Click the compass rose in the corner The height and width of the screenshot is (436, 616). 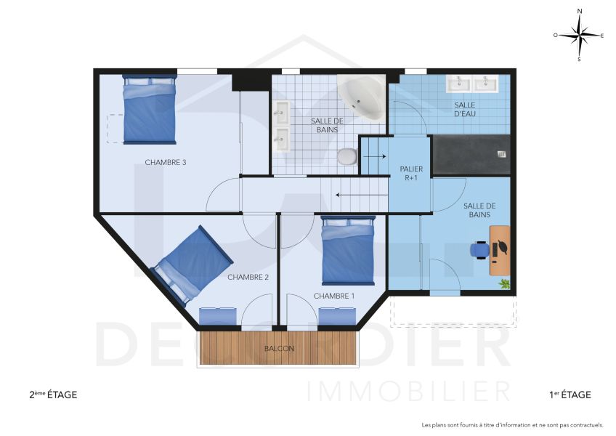(579, 35)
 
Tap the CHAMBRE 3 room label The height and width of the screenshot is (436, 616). (166, 162)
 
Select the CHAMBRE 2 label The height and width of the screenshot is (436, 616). (248, 277)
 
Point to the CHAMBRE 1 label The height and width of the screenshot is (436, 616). (334, 296)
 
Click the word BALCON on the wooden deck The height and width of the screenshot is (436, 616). (280, 349)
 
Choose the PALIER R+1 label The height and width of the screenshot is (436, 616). (411, 173)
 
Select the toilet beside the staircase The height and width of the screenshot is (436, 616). (348, 156)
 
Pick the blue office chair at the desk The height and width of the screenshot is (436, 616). (479, 249)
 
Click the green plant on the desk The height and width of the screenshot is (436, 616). (503, 285)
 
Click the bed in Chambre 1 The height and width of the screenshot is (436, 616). (348, 250)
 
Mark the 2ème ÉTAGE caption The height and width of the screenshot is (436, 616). (52, 395)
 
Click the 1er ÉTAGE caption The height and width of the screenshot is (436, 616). (570, 395)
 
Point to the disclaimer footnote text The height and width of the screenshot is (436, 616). (512, 424)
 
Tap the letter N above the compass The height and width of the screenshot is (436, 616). (579, 12)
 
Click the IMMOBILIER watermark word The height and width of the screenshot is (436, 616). (409, 391)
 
